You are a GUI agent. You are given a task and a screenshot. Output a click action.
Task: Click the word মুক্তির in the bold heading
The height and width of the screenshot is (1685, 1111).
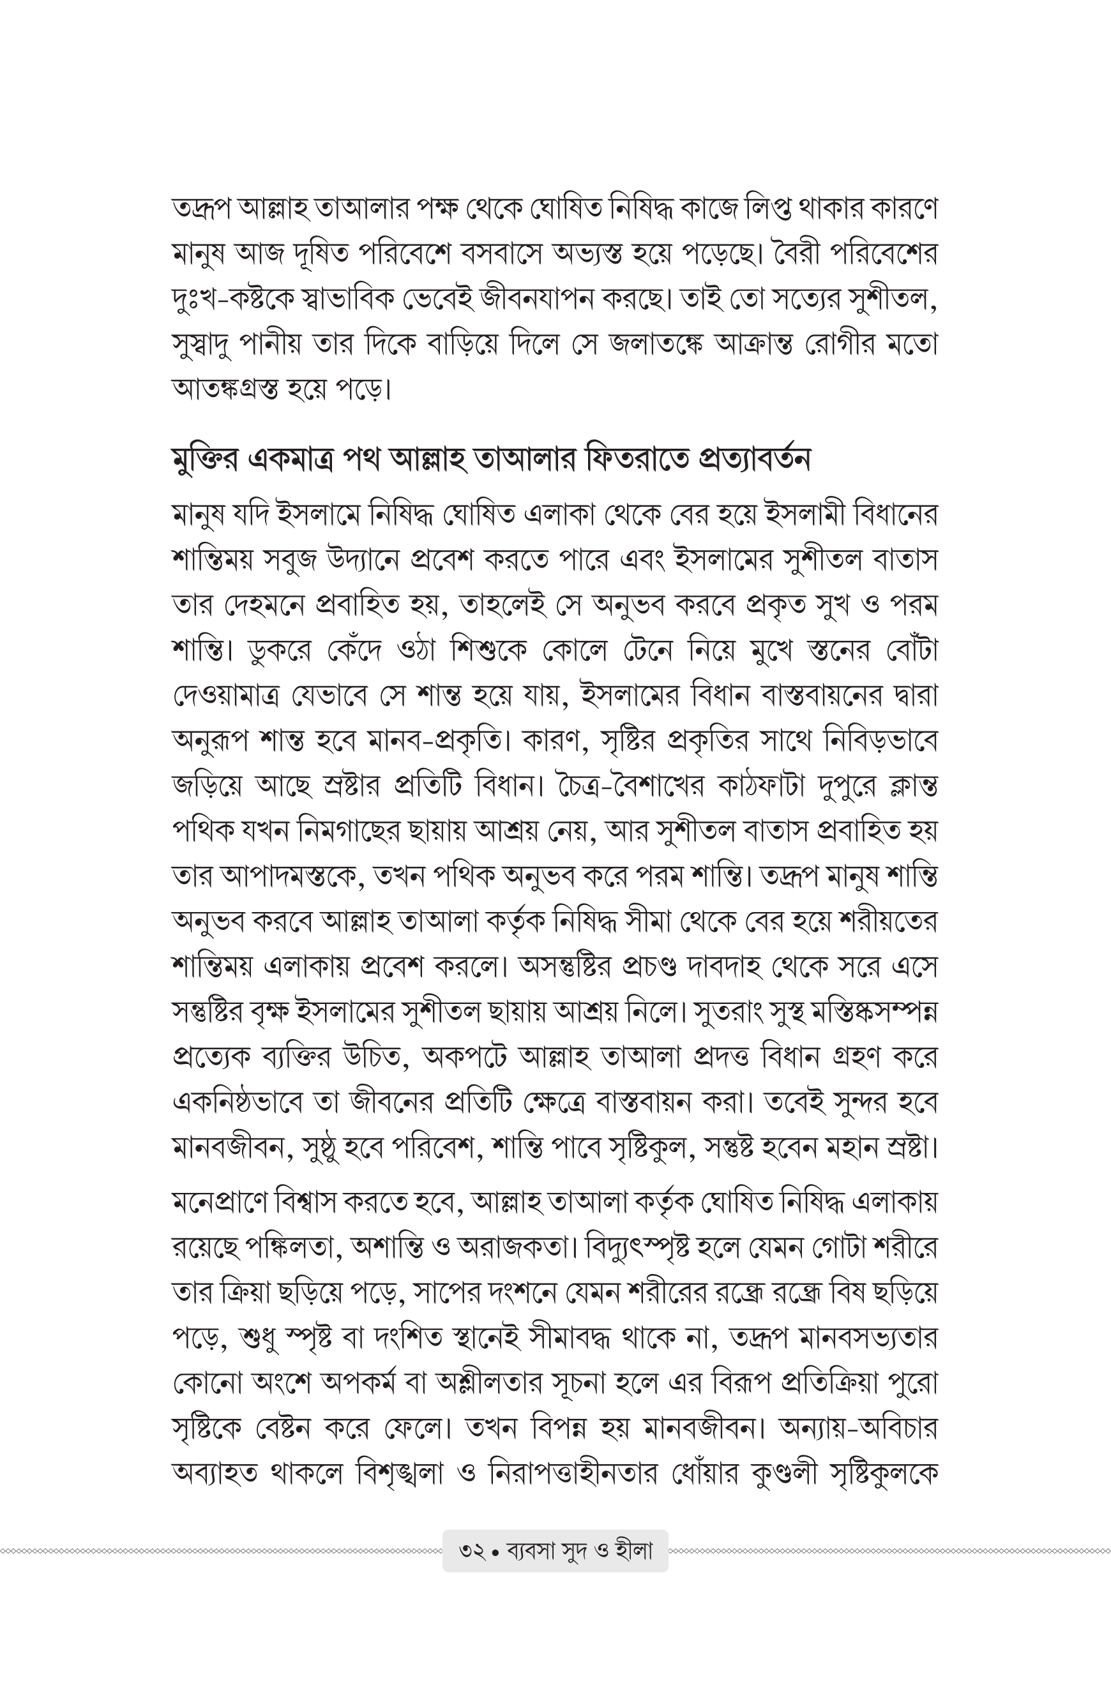click(x=206, y=460)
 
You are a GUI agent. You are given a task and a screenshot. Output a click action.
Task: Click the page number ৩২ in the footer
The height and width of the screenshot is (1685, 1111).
click(x=472, y=1551)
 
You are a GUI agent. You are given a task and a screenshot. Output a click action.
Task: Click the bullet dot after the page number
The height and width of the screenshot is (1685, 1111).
click(x=495, y=1552)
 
